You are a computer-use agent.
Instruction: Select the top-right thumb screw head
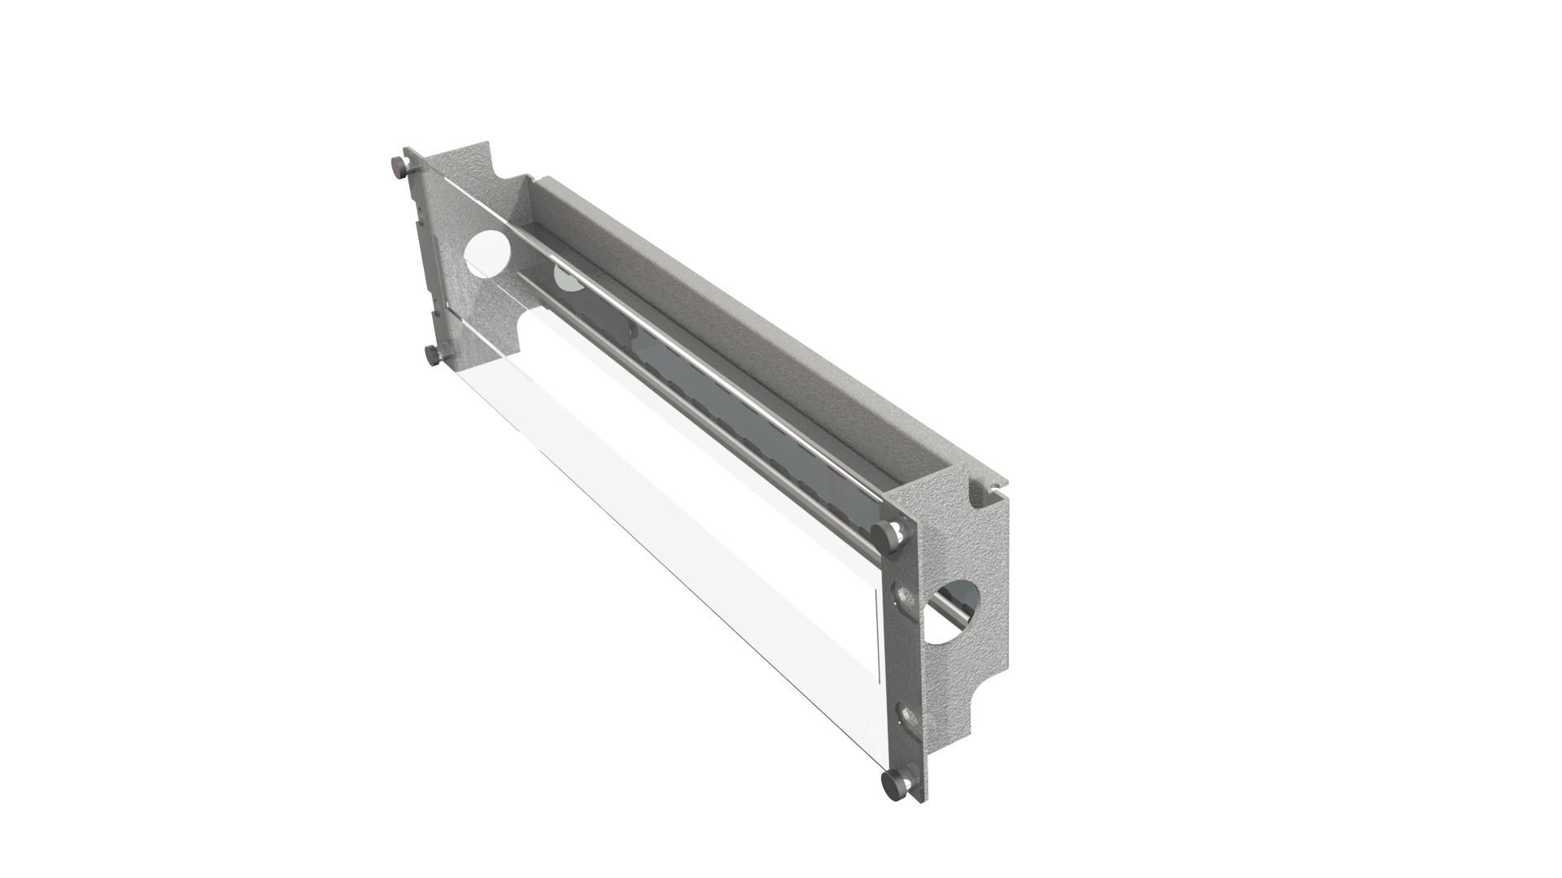point(881,535)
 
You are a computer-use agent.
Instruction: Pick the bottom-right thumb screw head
point(891,785)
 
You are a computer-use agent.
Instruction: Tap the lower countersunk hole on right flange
point(908,717)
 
